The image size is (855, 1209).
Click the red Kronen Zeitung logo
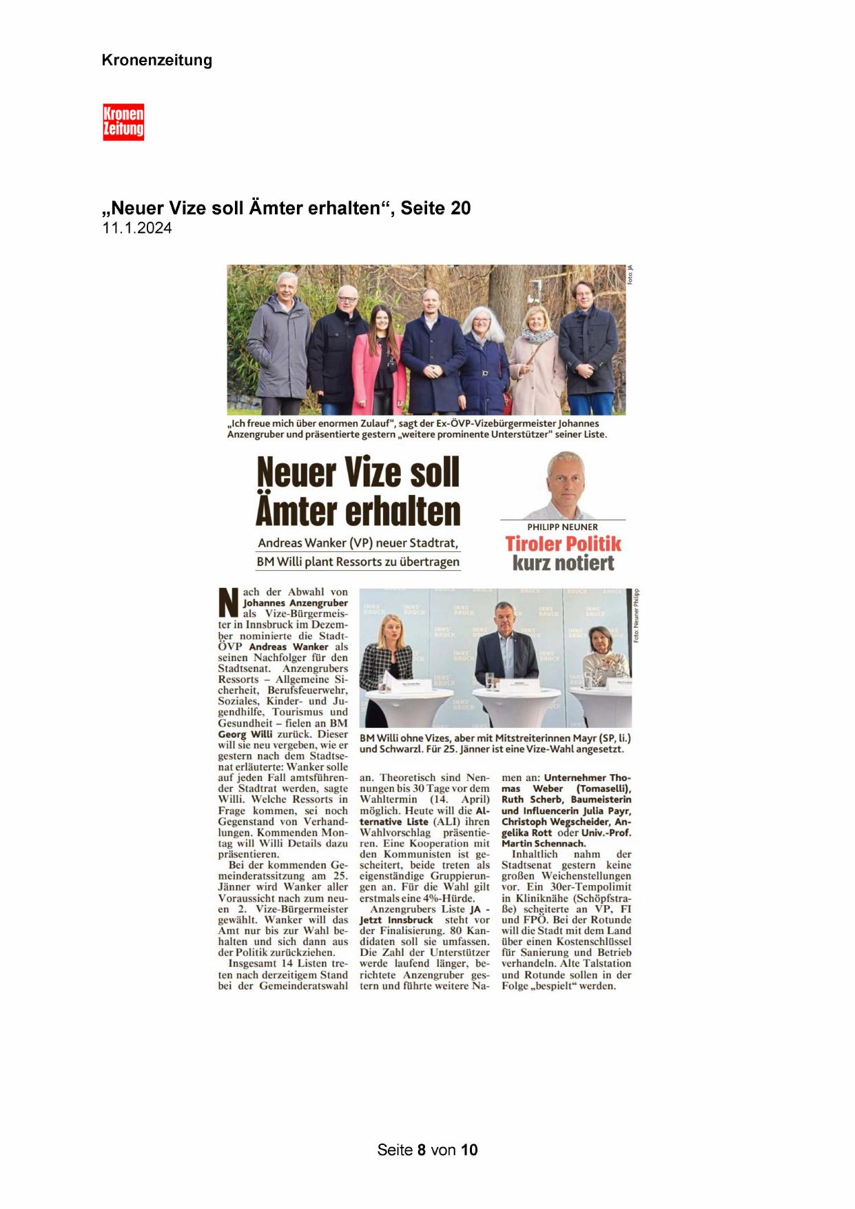click(x=123, y=122)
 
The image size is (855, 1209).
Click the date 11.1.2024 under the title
click(x=137, y=228)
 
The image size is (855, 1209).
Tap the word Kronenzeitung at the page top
click(x=156, y=60)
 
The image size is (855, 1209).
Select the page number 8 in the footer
click(x=421, y=1150)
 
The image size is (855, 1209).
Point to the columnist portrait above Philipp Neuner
click(x=564, y=485)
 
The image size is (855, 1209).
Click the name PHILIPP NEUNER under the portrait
click(x=562, y=527)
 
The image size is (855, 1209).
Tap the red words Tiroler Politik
click(x=563, y=544)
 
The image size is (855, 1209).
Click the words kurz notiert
click(x=563, y=563)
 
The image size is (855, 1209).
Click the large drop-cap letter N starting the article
click(x=229, y=602)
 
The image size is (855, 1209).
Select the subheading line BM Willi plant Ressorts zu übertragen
click(x=358, y=562)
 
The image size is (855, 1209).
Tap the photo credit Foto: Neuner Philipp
click(x=637, y=616)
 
